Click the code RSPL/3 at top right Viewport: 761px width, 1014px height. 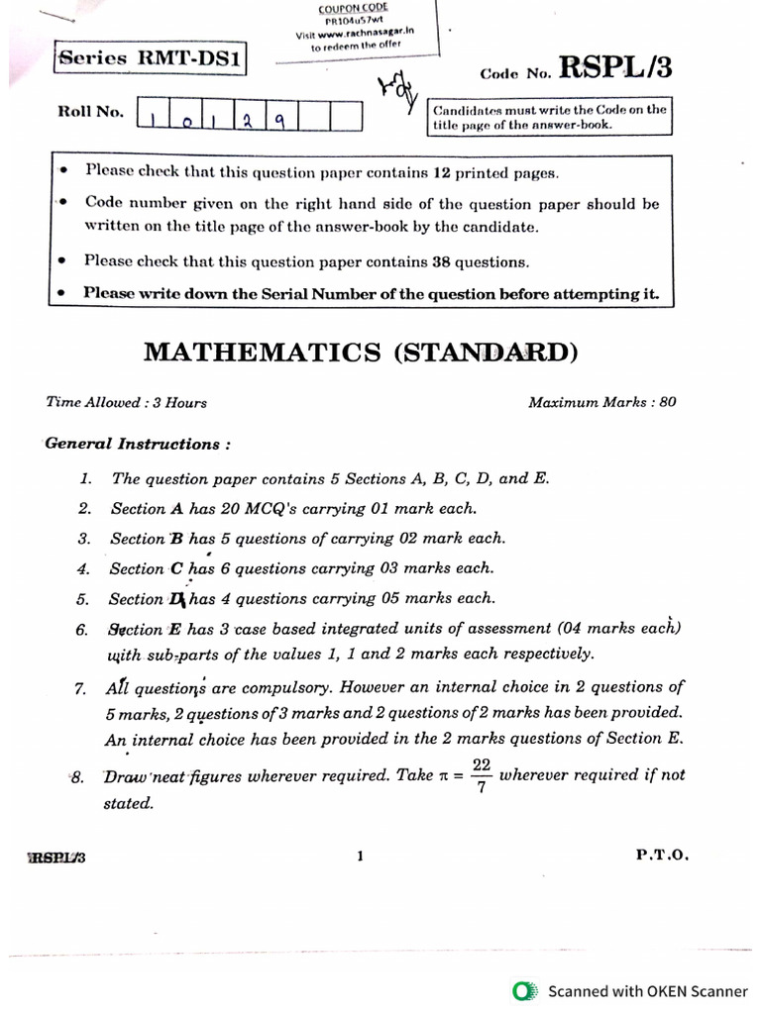[x=615, y=66]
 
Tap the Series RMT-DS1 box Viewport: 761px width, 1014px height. [x=151, y=58]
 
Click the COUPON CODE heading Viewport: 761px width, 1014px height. [x=353, y=8]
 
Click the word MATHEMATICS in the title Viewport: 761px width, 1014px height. [x=263, y=352]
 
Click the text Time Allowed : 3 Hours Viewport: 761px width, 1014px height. [x=126, y=403]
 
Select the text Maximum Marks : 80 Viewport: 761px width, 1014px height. [x=601, y=403]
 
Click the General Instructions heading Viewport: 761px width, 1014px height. [x=139, y=444]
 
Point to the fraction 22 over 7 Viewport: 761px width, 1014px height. [x=482, y=775]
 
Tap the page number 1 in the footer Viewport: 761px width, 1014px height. [x=361, y=857]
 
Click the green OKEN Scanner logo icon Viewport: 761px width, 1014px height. [x=524, y=990]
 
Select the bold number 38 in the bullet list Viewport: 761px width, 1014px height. [x=443, y=262]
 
